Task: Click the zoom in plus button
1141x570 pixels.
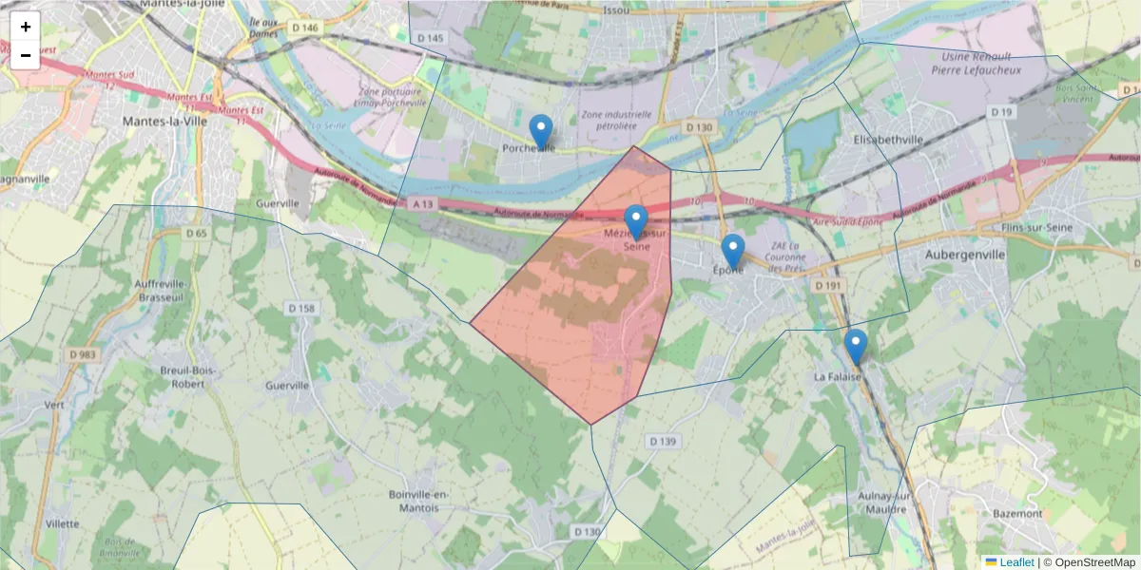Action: [26, 27]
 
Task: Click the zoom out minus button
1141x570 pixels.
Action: [26, 55]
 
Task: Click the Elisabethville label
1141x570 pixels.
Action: [889, 140]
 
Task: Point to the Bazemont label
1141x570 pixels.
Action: [1016, 513]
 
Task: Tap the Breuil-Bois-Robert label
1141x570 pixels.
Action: [188, 377]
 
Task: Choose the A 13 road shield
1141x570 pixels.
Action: [423, 203]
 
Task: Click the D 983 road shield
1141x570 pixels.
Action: [82, 354]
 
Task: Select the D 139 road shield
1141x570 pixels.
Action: [662, 441]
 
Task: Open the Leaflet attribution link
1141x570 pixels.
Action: [1015, 562]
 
